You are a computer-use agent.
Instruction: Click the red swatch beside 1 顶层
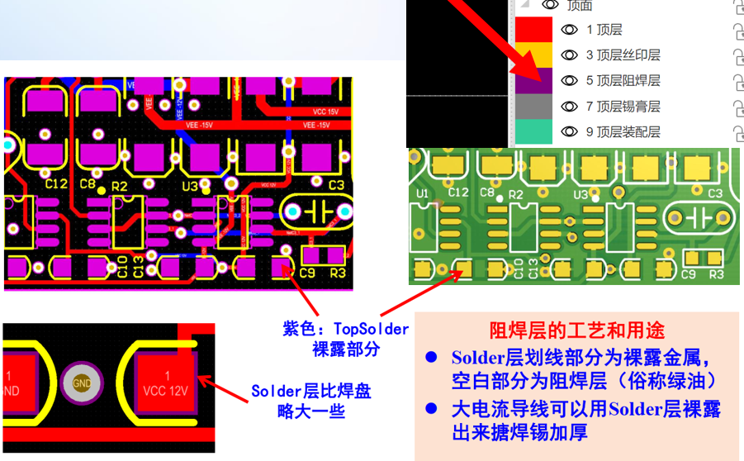coord(533,30)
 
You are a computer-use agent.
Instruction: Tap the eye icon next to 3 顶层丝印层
coord(569,55)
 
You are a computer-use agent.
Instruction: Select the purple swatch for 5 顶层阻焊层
coord(533,81)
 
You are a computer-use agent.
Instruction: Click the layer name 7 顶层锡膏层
coord(623,107)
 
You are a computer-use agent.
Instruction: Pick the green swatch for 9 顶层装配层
coord(533,132)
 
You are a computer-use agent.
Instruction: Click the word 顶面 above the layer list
coord(579,6)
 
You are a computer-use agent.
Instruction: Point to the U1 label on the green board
coord(423,193)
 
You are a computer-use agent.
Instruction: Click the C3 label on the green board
coord(715,193)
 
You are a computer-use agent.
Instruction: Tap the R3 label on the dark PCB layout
coord(337,273)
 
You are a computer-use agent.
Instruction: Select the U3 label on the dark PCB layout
coord(190,186)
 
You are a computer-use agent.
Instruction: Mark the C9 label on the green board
coord(691,273)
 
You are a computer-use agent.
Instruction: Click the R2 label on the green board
coord(517,194)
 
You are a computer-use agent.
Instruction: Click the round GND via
coord(82,383)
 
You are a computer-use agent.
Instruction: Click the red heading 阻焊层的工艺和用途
coord(576,331)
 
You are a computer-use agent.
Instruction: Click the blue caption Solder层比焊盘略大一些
coord(310,401)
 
